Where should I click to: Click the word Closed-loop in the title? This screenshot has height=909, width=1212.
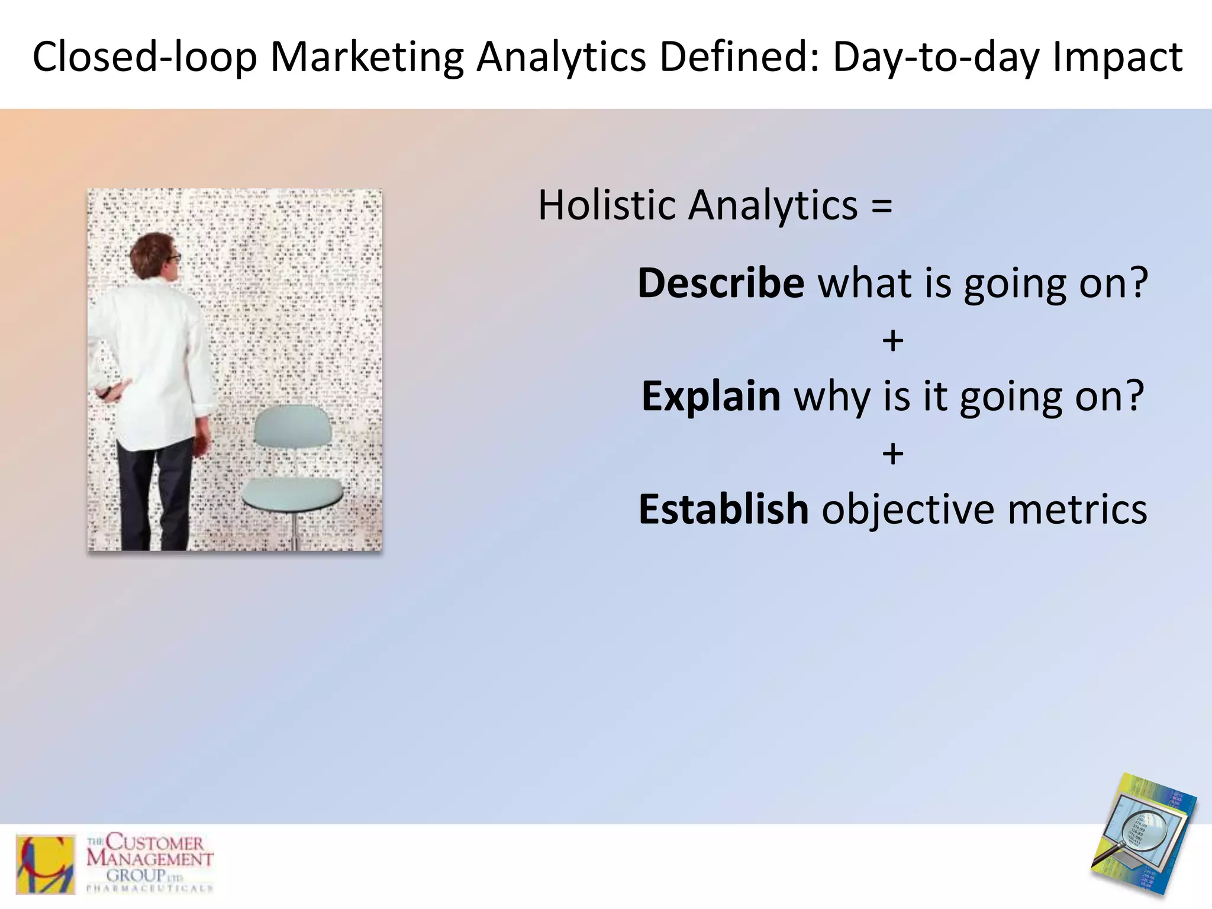144,57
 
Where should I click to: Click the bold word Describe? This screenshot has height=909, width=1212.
720,283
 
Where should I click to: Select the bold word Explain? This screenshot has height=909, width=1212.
711,396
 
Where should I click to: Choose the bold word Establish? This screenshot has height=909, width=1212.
723,509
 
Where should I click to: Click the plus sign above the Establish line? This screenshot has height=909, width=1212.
892,454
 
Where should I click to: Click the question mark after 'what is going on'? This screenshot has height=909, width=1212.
1137,283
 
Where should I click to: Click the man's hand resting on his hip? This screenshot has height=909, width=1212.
108,391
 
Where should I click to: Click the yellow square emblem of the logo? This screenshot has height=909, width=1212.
46,864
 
